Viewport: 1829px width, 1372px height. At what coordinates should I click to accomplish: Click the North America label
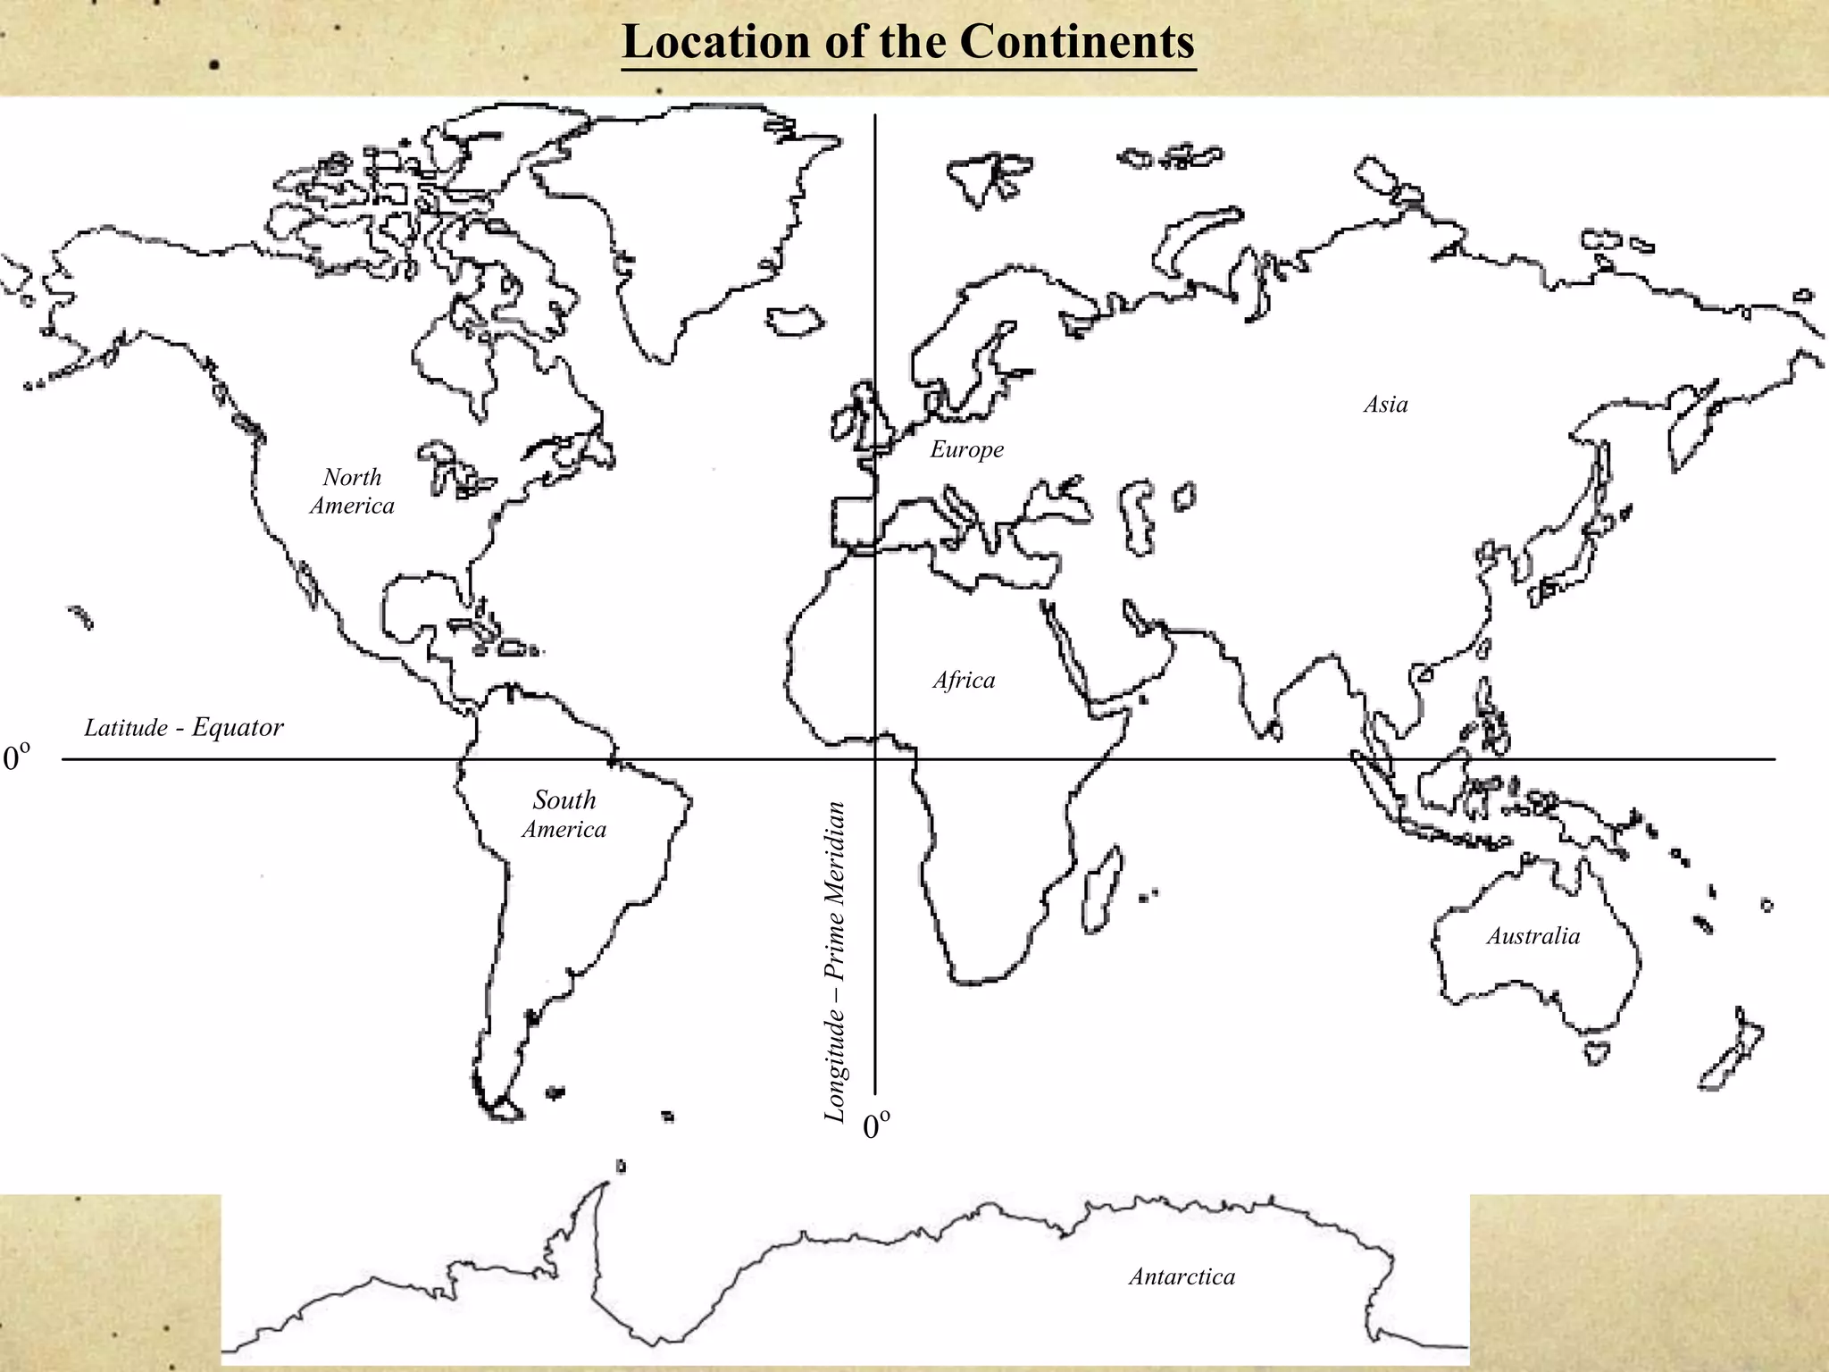coord(352,491)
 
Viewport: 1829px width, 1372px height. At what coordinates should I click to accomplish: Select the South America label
coord(564,815)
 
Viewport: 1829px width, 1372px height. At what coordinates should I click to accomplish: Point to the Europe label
coord(966,449)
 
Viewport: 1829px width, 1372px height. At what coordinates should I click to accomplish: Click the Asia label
coord(1385,405)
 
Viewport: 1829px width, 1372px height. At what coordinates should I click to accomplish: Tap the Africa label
coord(964,681)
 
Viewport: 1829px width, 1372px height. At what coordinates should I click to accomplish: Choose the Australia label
coord(1533,936)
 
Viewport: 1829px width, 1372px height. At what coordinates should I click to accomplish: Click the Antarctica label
coord(1182,1276)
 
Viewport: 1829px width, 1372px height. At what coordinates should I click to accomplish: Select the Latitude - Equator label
coord(184,728)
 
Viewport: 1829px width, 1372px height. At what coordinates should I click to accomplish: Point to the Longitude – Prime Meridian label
coord(834,961)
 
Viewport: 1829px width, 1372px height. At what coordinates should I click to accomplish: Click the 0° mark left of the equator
coord(17,759)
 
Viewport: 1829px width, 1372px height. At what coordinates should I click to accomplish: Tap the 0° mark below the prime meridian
coord(877,1127)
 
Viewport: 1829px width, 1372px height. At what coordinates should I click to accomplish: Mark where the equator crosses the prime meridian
coord(875,759)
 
